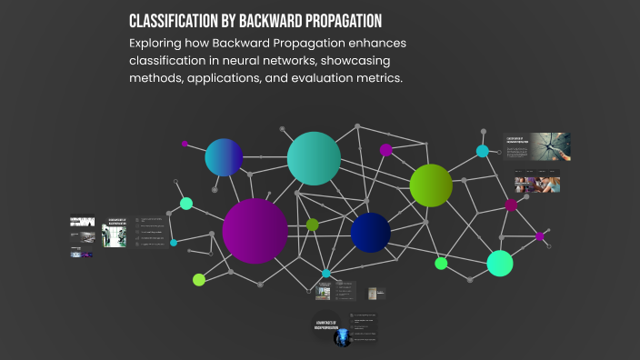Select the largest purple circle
tap(255, 231)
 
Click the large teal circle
tap(314, 158)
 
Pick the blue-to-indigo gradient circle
tap(224, 157)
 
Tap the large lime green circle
tap(431, 185)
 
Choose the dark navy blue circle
tap(370, 233)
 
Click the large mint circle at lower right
tap(500, 263)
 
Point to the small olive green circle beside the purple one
tap(313, 225)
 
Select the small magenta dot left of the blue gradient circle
tap(185, 144)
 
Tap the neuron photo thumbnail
tap(552, 145)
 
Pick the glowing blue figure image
tap(342, 338)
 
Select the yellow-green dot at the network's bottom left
tap(199, 279)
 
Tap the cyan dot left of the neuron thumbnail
tap(483, 151)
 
